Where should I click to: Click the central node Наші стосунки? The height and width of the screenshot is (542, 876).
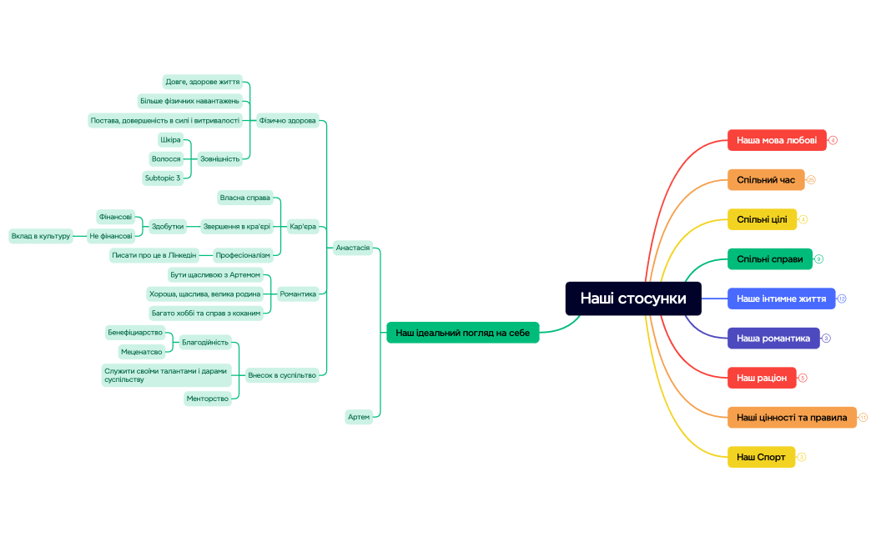[633, 299]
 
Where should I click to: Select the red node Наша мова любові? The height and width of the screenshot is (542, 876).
[776, 140]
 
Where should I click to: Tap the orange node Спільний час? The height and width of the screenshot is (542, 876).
[765, 180]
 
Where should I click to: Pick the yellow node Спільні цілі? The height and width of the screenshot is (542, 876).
[762, 219]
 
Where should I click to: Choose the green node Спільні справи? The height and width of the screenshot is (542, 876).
[769, 259]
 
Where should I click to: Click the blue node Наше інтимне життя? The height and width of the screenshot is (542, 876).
[781, 299]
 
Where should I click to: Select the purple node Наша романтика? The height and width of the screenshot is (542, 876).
[773, 339]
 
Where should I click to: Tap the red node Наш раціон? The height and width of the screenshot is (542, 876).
[761, 378]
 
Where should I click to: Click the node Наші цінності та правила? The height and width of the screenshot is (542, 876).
[791, 417]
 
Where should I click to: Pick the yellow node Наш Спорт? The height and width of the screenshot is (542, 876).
[761, 457]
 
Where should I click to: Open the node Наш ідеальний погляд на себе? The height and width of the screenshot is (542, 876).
[462, 333]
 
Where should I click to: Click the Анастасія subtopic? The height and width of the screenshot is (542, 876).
[352, 248]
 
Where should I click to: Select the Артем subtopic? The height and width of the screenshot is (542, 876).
[359, 417]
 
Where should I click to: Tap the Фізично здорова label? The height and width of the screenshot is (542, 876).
[287, 120]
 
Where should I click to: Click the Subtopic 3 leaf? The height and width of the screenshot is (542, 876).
[163, 178]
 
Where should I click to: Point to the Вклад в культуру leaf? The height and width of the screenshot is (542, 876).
[40, 236]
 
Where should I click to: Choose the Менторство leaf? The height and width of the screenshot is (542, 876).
[208, 399]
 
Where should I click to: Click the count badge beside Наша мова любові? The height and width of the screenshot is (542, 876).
[833, 140]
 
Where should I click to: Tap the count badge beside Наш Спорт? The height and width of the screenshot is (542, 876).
[802, 457]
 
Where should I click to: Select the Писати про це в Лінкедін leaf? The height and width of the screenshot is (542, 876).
[154, 255]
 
